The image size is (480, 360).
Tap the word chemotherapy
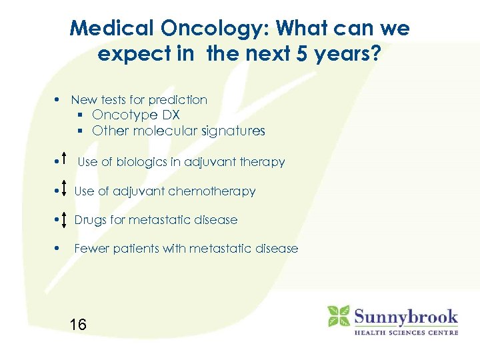click(x=212, y=191)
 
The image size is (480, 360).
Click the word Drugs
click(x=90, y=219)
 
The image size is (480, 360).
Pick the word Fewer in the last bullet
click(x=91, y=249)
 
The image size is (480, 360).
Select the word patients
click(x=134, y=249)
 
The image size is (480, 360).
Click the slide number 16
click(x=78, y=325)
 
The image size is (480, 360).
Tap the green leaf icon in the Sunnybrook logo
click(x=339, y=316)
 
